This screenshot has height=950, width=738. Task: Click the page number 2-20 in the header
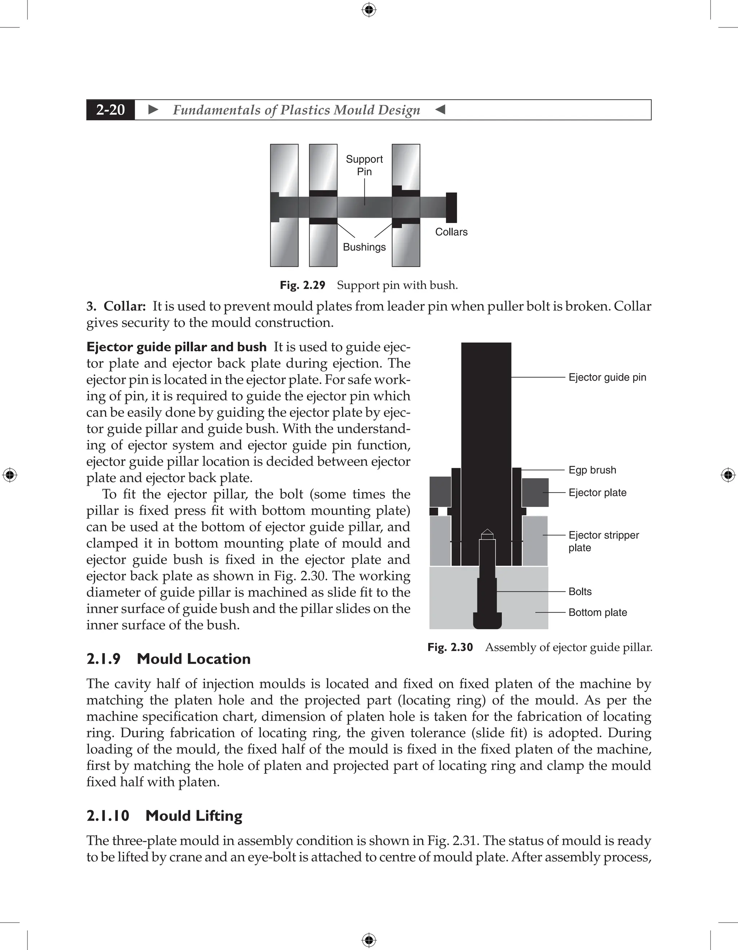[111, 110]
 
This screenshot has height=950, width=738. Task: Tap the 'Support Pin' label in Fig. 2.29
[364, 165]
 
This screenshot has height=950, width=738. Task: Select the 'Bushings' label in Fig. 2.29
[364, 247]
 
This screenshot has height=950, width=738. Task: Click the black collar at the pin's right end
[452, 208]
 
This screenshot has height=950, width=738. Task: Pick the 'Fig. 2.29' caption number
[302, 285]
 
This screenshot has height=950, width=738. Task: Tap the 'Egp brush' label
[592, 470]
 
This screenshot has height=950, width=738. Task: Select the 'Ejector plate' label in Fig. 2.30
[597, 492]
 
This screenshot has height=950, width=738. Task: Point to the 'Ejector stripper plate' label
[603, 541]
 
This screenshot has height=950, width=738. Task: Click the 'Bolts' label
[580, 591]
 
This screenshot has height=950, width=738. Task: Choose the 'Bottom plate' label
[597, 612]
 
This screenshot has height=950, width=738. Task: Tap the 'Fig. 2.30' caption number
[450, 647]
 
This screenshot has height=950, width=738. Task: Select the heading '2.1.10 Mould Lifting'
[164, 815]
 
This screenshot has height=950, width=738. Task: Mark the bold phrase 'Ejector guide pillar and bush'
[176, 347]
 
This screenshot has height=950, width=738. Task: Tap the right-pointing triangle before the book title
[153, 110]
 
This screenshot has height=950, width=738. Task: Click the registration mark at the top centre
[369, 10]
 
